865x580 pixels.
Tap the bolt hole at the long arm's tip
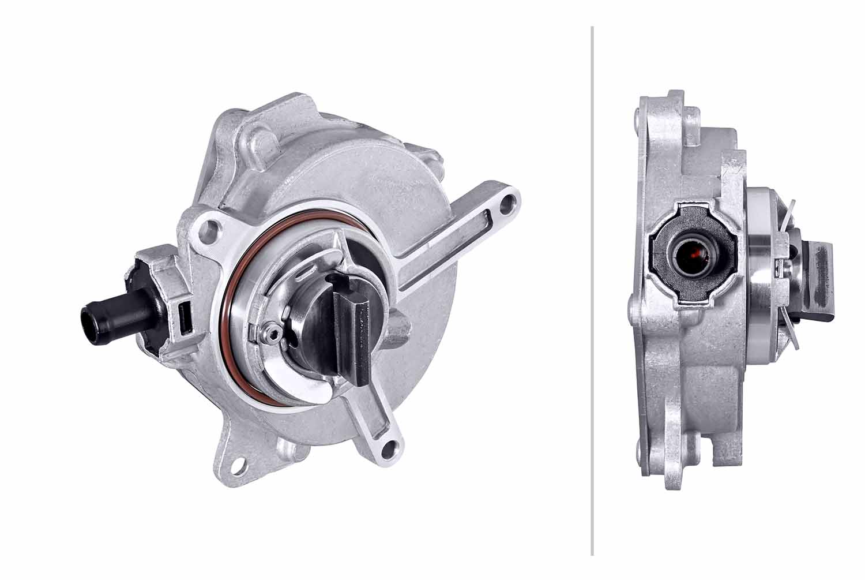click(507, 203)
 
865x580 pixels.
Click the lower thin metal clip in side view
click(791, 335)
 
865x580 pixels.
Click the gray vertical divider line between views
click(592, 289)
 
